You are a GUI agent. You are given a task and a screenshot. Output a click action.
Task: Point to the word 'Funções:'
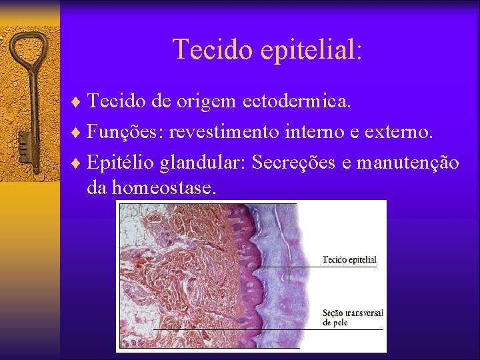click(x=125, y=132)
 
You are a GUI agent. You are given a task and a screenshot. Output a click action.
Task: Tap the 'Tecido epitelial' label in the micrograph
click(x=349, y=259)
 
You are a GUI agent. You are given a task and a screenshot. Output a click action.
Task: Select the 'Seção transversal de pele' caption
click(x=352, y=317)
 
